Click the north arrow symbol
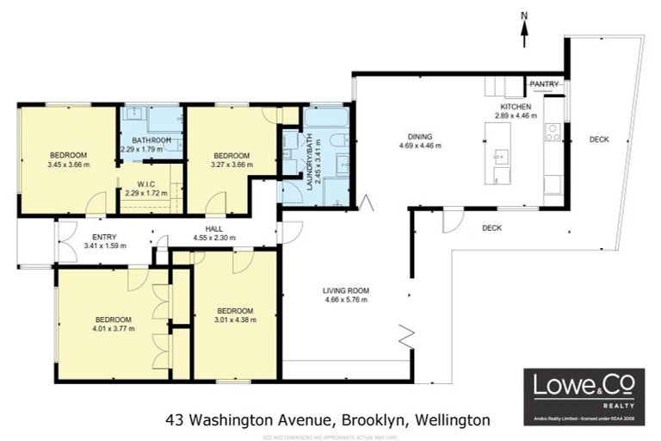[524, 26]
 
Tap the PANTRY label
[545, 84]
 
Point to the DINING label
[420, 136]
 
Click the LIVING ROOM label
[346, 291]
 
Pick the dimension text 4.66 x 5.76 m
[346, 300]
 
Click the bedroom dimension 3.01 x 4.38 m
[234, 320]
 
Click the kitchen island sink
[501, 158]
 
